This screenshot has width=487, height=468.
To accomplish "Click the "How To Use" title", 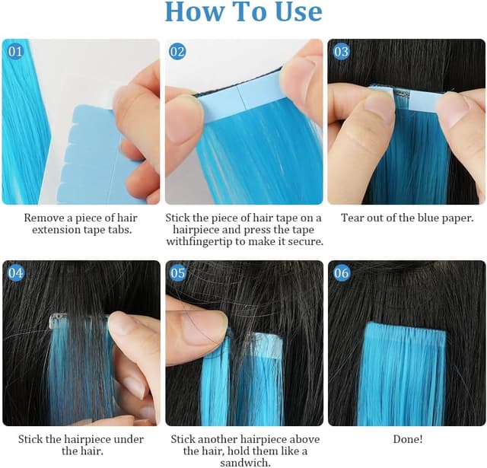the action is (x=243, y=12).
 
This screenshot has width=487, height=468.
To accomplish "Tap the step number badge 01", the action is (x=15, y=51).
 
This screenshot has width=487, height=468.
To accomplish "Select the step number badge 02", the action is (x=177, y=51).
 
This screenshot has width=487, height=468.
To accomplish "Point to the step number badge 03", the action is (x=341, y=51).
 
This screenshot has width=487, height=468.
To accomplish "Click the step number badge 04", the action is (x=15, y=273).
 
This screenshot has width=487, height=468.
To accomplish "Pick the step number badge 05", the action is (x=177, y=273).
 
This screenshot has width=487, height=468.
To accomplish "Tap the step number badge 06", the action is (x=341, y=273).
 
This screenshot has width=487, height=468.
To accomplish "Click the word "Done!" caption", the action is (x=408, y=439).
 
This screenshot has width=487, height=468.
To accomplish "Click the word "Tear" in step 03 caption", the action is (x=352, y=218).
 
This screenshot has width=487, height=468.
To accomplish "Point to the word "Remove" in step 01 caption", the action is (x=43, y=218).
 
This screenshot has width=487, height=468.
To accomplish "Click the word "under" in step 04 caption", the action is (x=129, y=439).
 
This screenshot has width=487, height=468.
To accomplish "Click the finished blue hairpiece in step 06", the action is (x=403, y=374).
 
